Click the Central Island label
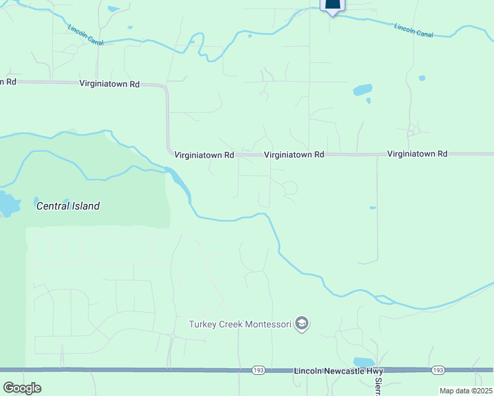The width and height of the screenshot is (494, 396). click(67, 206)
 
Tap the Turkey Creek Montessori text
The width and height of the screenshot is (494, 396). click(240, 324)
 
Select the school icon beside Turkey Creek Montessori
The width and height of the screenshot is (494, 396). click(302, 323)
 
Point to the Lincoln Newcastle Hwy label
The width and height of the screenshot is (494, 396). click(338, 372)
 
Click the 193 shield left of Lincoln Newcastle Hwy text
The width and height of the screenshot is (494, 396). click(259, 371)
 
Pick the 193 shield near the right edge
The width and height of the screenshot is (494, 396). click(438, 371)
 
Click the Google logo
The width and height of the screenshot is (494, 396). click(22, 387)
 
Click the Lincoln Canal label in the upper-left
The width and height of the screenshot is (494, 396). click(85, 36)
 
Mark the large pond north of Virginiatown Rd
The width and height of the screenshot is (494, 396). click(362, 90)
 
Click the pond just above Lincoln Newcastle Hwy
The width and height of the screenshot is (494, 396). click(363, 362)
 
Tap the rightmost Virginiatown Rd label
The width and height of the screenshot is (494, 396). click(417, 154)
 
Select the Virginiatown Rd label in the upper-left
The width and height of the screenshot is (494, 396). click(109, 84)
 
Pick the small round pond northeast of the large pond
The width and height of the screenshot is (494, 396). click(421, 78)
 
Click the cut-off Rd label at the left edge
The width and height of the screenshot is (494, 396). click(7, 82)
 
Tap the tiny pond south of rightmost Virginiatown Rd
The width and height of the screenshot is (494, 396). click(372, 207)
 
